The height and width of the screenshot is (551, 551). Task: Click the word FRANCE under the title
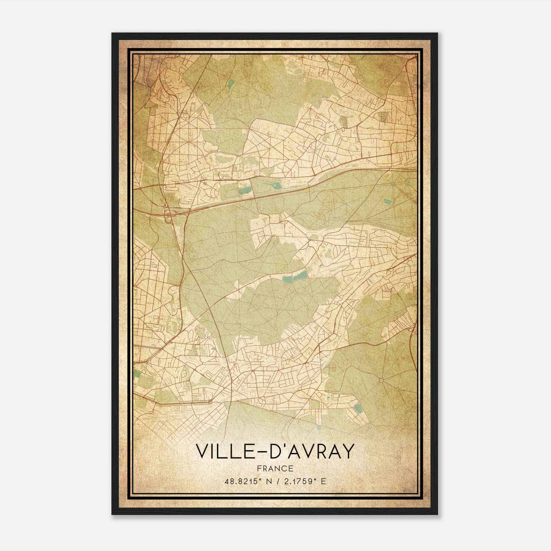(x=275, y=468)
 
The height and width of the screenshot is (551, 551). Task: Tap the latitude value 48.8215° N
(x=246, y=481)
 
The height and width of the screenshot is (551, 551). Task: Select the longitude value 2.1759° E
(x=303, y=481)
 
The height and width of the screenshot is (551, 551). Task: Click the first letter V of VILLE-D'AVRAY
(x=202, y=451)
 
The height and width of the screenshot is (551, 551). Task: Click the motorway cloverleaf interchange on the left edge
(x=170, y=213)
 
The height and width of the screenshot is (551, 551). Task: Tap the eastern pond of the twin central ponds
(x=302, y=275)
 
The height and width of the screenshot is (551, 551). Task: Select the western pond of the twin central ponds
(x=287, y=279)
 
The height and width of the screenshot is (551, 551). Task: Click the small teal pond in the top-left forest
(x=230, y=83)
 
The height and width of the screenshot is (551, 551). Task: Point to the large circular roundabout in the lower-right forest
(x=381, y=380)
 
